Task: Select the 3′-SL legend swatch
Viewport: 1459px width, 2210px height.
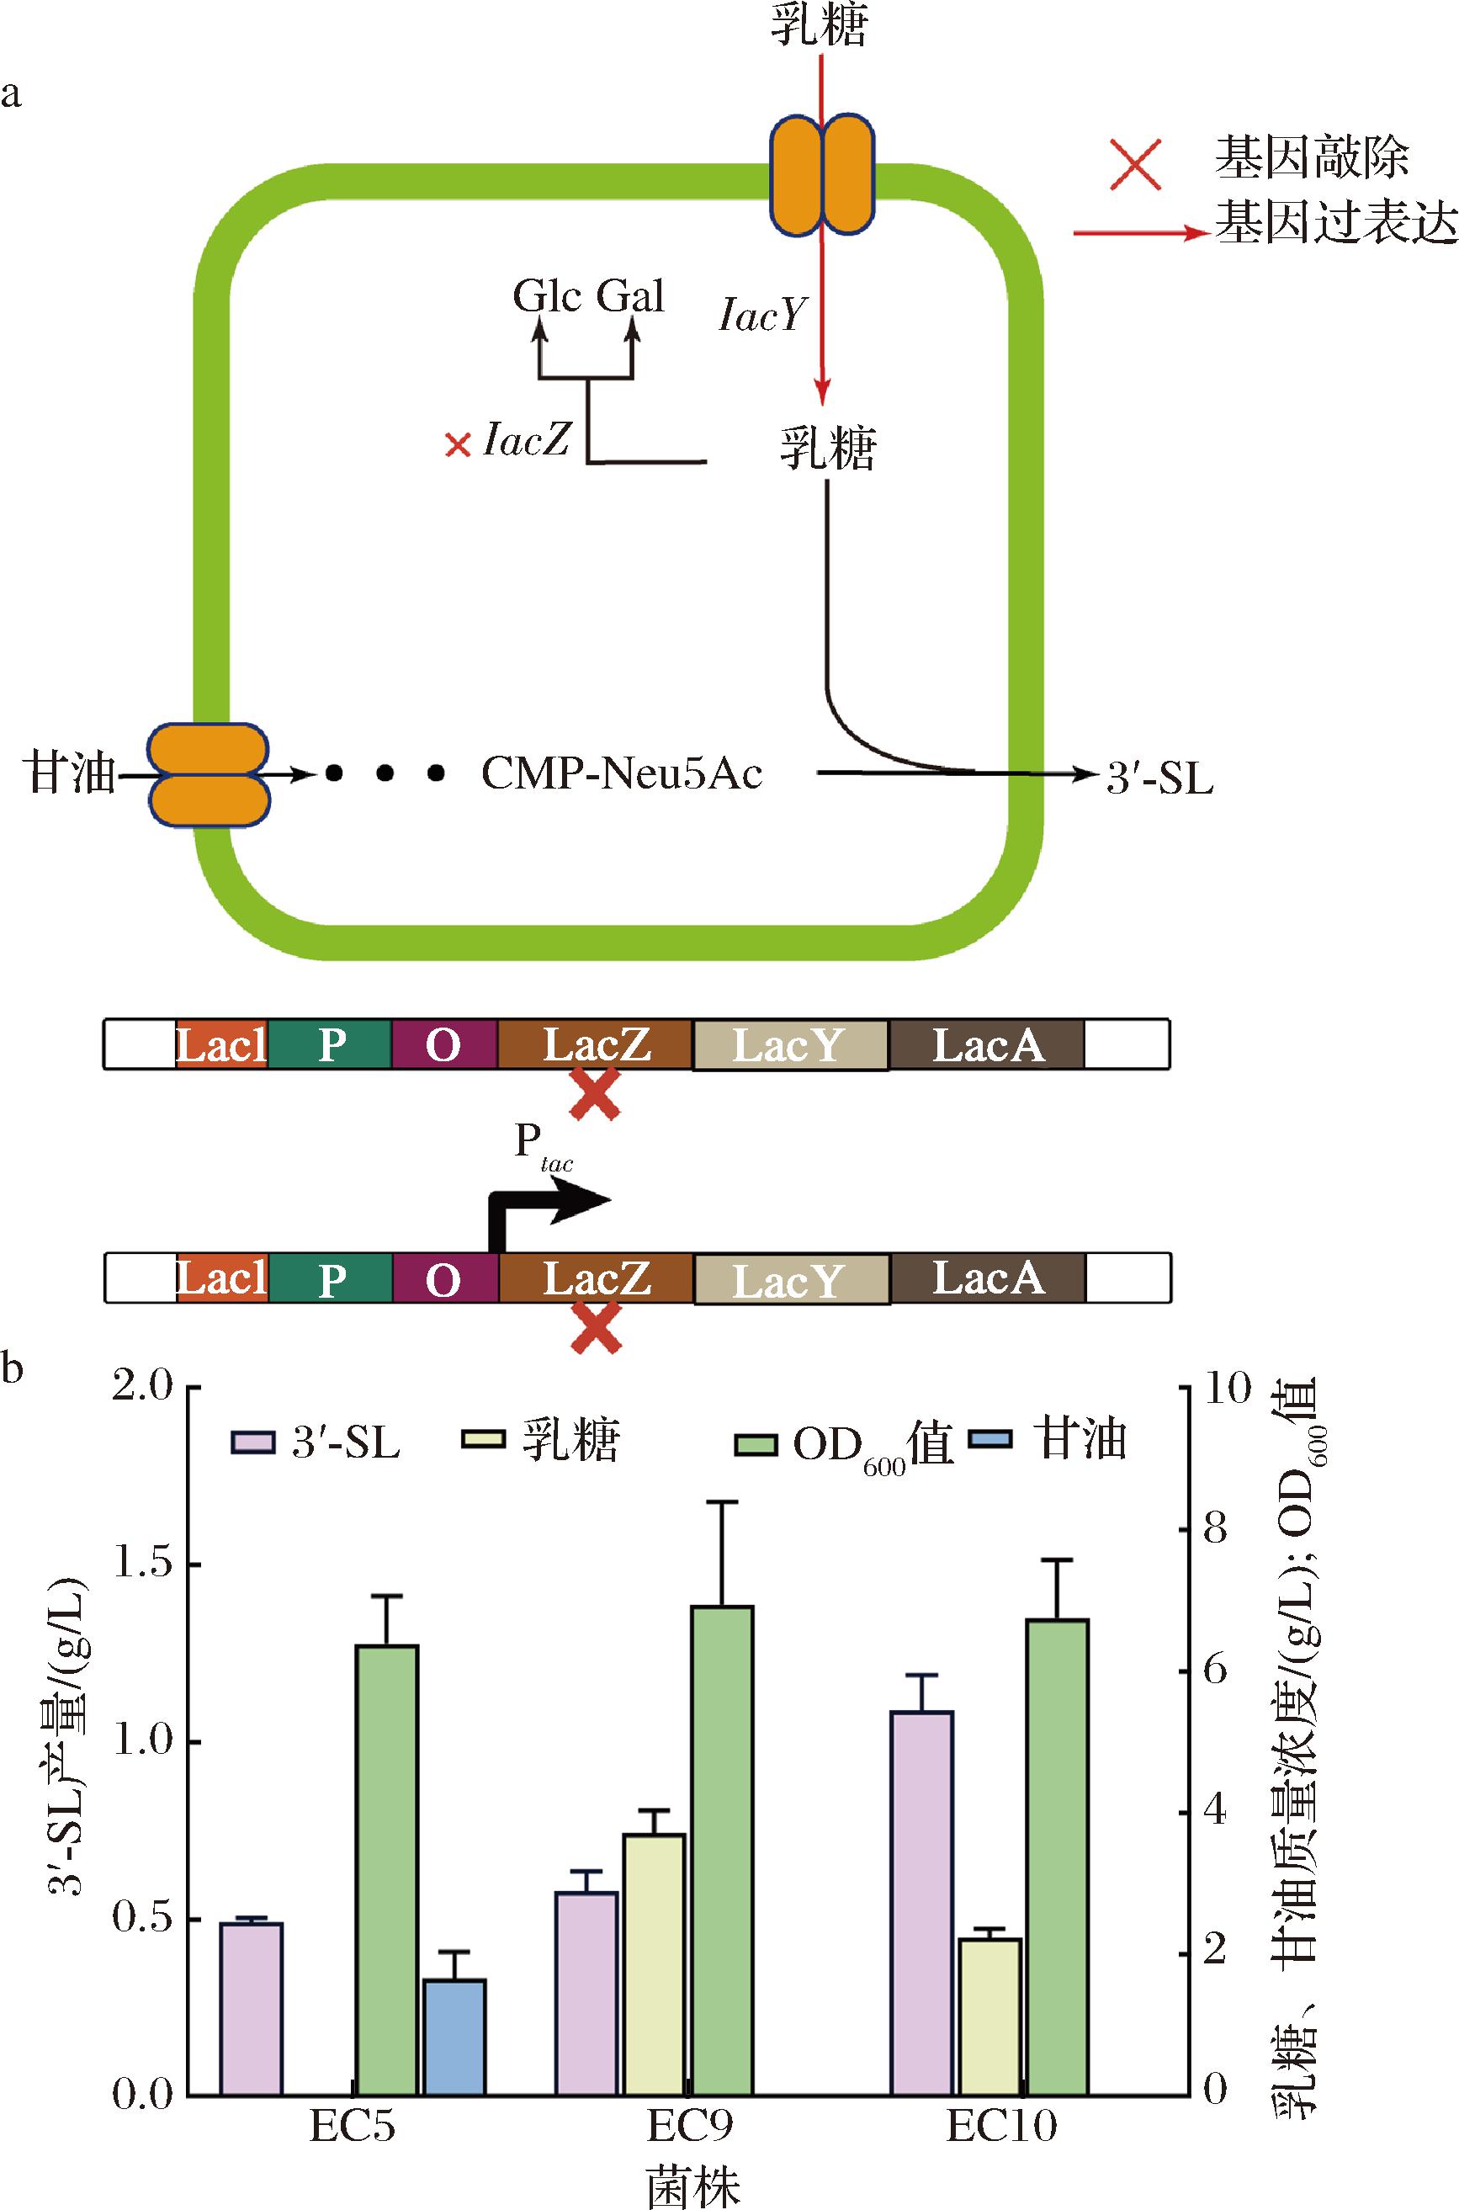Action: click(253, 1442)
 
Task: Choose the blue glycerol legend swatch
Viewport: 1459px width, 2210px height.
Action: click(994, 1441)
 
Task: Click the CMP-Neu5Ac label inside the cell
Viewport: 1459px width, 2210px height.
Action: click(622, 773)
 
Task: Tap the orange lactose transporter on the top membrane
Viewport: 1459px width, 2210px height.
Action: click(821, 174)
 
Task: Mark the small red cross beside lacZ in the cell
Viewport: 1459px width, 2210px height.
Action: click(457, 446)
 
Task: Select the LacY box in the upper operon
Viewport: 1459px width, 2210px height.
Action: click(789, 1045)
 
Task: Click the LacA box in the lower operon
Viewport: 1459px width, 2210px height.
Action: click(987, 1278)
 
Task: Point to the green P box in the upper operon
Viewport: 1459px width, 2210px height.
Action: click(331, 1045)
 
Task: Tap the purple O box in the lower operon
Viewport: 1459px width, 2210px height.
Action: click(443, 1279)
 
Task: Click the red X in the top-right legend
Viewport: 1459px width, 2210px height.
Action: click(1136, 164)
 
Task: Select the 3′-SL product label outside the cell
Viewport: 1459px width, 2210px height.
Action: click(1159, 778)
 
